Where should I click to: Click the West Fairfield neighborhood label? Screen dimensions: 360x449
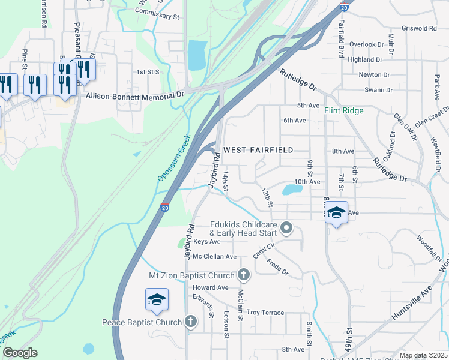pos(258,149)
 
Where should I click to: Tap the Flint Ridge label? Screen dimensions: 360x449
pos(344,111)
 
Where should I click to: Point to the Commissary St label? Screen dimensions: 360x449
pos(159,19)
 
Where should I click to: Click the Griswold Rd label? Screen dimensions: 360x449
pos(420,28)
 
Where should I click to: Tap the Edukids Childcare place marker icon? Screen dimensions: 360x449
pos(286,227)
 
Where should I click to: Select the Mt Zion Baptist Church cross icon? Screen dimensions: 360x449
pos(244,275)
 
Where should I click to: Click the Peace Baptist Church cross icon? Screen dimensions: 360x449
pos(191,322)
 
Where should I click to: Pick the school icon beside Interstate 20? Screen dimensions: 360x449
pos(157,299)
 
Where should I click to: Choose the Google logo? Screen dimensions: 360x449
pos(19,353)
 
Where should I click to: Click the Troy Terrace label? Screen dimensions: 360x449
pos(265,313)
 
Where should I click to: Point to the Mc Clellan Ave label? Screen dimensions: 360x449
pos(214,256)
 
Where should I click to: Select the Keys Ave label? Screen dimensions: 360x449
pos(207,242)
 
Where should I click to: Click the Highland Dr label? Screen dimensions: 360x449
pos(366,59)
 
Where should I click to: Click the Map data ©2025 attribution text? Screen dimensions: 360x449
pos(423,355)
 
